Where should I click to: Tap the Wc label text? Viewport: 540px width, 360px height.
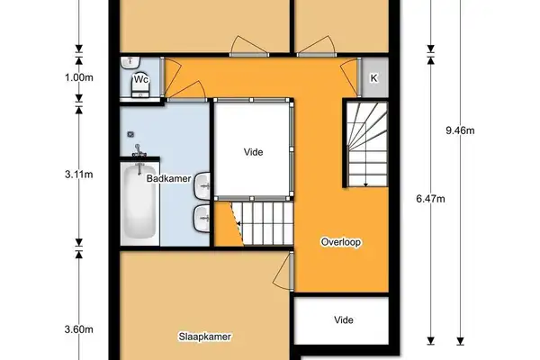click(x=141, y=79)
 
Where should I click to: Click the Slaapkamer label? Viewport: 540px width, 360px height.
click(x=206, y=337)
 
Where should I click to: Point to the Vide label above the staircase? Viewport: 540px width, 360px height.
click(x=254, y=152)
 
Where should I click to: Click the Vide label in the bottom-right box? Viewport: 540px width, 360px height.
click(x=343, y=320)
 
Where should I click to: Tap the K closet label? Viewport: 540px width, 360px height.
click(x=373, y=77)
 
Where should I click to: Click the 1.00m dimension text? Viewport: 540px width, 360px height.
click(x=79, y=77)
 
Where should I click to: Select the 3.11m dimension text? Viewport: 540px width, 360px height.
click(x=79, y=175)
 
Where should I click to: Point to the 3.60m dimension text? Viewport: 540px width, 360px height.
click(x=79, y=329)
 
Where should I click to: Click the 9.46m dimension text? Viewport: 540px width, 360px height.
click(x=460, y=130)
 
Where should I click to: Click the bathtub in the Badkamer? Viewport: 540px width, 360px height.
click(x=139, y=202)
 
